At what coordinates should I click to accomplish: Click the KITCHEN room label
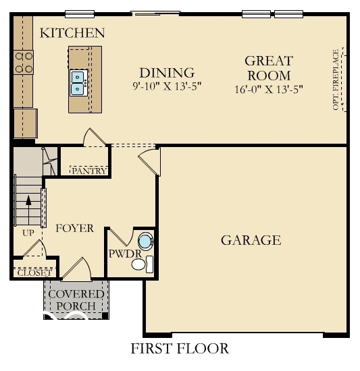click(x=72, y=32)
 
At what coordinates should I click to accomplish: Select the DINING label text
click(x=167, y=73)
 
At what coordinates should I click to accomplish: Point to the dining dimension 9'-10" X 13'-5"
click(x=167, y=86)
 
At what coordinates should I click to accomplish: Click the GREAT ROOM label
click(x=268, y=68)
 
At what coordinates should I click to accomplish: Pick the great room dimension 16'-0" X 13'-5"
click(x=268, y=88)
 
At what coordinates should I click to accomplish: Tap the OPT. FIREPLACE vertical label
click(x=336, y=80)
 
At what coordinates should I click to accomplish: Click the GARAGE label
click(x=251, y=240)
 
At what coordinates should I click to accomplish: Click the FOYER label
click(x=74, y=229)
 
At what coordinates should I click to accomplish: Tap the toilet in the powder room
click(x=145, y=241)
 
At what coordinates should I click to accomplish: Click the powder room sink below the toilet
click(x=140, y=264)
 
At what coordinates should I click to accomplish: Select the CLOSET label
click(x=34, y=273)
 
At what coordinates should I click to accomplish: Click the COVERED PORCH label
click(x=76, y=300)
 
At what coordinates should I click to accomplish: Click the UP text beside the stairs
click(x=28, y=233)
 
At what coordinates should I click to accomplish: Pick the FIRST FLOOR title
click(x=180, y=349)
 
